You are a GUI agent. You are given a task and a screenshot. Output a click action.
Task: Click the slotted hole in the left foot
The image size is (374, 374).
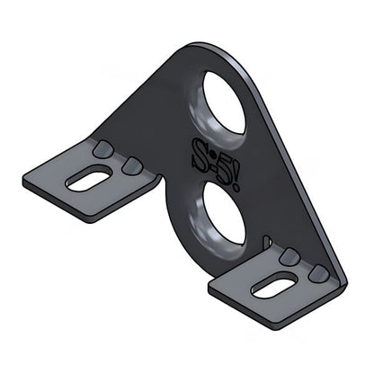coord(89,178)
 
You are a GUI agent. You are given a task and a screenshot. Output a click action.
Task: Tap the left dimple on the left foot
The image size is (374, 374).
coord(105,147)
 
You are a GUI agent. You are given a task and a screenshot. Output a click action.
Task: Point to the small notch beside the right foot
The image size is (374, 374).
coord(267,240)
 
